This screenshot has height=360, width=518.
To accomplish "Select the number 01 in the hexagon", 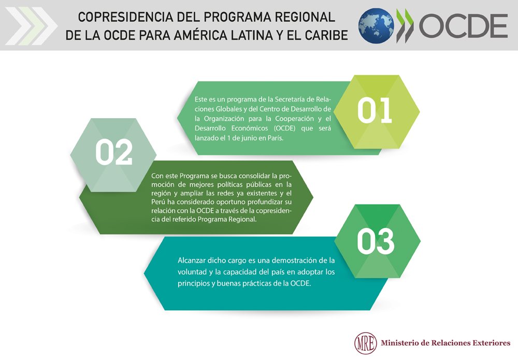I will [375, 111].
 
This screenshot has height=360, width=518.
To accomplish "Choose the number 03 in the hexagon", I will [376, 241].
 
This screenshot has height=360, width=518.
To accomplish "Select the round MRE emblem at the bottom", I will [364, 342].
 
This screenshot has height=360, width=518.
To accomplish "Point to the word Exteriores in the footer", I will [490, 342].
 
